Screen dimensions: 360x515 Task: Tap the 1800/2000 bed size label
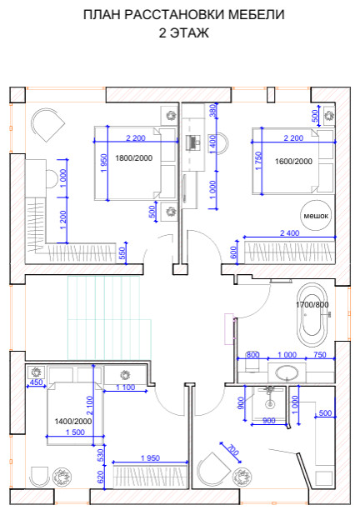pos(133,158)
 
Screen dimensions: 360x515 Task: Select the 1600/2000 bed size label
pos(293,162)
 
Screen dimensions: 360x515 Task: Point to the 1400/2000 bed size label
pos(73,421)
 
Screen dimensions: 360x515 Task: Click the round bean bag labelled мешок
pos(316,216)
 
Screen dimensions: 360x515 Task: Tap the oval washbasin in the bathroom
pos(287,373)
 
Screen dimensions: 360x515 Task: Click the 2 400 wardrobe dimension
pos(290,233)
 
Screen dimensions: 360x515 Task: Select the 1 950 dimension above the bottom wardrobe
pos(151,457)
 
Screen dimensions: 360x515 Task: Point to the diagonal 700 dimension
pos(232,450)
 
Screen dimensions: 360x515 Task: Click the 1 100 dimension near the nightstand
pos(126,387)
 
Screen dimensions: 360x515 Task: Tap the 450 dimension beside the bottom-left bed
pos(36,382)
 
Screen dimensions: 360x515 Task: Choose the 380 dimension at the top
pos(212,111)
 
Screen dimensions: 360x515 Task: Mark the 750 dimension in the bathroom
pos(320,355)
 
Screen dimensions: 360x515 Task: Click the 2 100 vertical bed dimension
pos(89,405)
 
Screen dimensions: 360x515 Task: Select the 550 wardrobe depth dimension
pos(122,253)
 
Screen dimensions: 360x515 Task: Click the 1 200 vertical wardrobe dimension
pos(63,220)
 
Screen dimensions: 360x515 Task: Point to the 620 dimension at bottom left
pos(101,477)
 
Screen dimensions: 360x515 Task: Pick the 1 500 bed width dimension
pos(75,432)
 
